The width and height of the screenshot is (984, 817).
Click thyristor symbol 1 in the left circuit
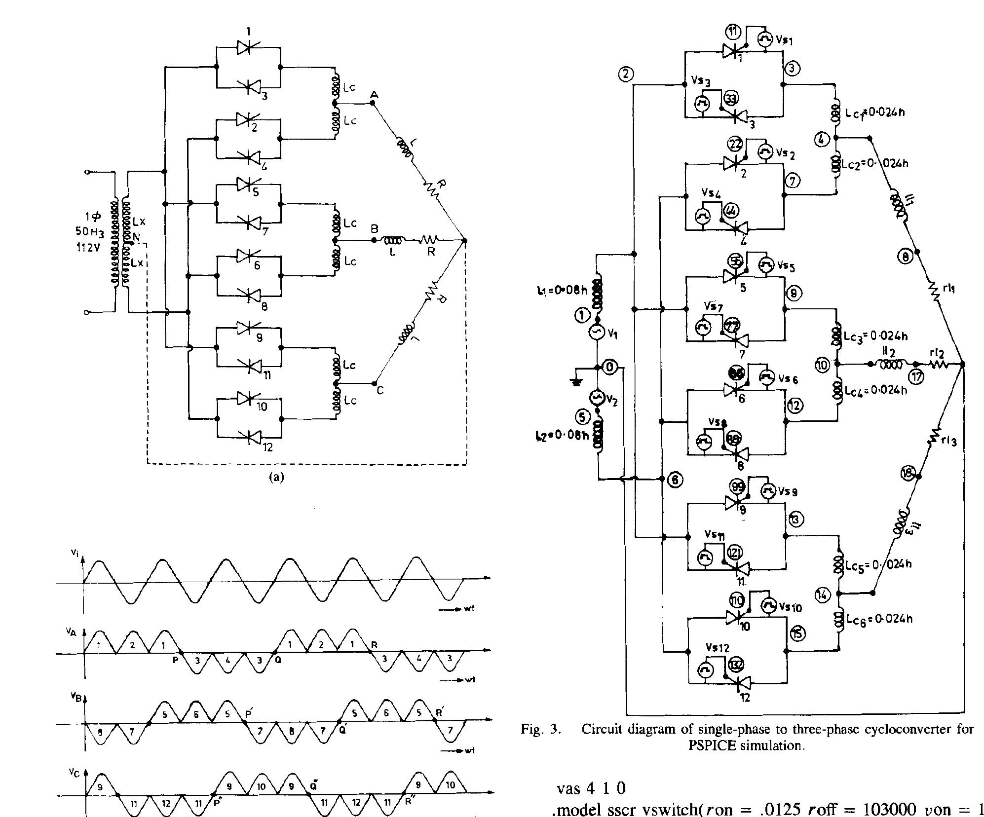(x=248, y=47)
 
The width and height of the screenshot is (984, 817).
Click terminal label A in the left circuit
(x=375, y=94)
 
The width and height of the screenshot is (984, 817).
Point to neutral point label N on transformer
(x=137, y=237)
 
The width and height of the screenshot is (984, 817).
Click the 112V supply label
(x=89, y=248)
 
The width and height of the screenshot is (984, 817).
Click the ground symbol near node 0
(x=576, y=380)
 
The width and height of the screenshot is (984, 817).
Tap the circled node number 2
(x=626, y=74)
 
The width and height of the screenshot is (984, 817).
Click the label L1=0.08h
(x=562, y=291)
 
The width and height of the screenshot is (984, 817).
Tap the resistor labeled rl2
(x=938, y=365)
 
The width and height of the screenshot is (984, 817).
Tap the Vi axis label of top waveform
(x=75, y=554)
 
